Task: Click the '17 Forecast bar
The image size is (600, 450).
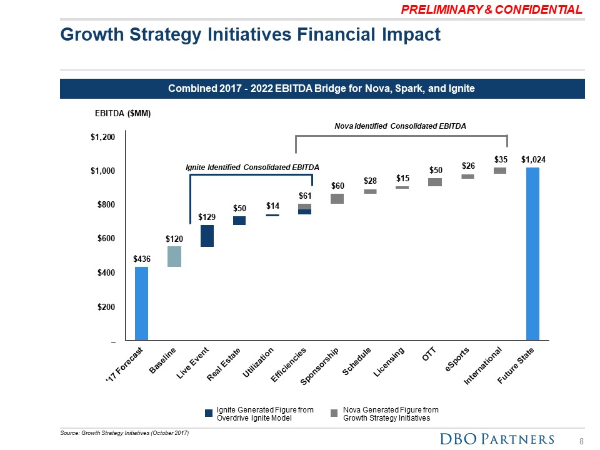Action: [x=142, y=303]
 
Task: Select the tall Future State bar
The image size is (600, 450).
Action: [x=532, y=253]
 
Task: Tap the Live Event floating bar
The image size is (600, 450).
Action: [x=207, y=236]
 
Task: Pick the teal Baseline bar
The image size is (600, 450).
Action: [x=174, y=256]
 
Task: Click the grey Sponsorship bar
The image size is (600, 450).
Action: [x=337, y=199]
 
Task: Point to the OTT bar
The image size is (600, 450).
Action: [x=435, y=182]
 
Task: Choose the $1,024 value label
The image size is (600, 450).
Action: [x=533, y=159]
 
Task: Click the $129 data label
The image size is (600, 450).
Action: [x=207, y=217]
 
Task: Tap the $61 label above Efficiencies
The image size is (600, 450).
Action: [x=305, y=196]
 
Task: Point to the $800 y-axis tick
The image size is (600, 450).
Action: [x=106, y=205]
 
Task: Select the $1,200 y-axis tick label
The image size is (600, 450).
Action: [x=102, y=137]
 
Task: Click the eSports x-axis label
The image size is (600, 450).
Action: [x=457, y=360]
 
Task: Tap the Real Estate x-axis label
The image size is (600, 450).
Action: [x=224, y=364]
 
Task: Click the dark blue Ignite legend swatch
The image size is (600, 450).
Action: [x=209, y=413]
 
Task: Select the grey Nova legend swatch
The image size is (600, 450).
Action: [x=334, y=413]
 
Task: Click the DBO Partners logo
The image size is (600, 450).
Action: [x=497, y=439]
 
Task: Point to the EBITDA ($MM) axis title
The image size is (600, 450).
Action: [x=123, y=113]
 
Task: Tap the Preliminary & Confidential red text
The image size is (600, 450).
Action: [x=492, y=9]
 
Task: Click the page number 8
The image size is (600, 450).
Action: [x=581, y=441]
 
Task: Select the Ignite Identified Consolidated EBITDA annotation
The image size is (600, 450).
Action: [x=252, y=167]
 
